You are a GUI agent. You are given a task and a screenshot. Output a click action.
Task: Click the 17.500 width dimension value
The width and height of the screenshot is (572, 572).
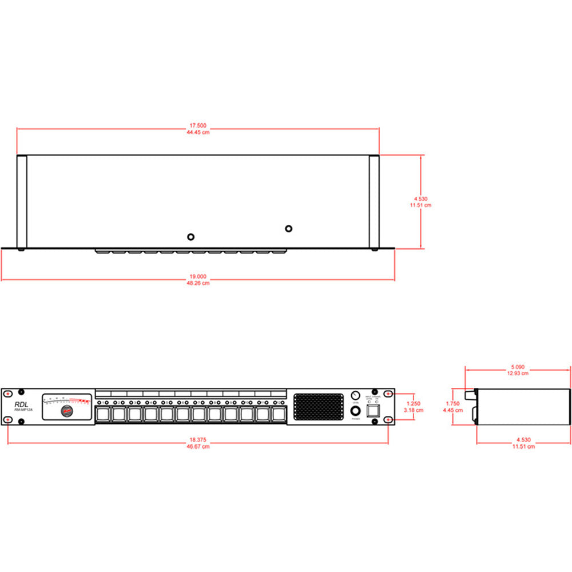198,125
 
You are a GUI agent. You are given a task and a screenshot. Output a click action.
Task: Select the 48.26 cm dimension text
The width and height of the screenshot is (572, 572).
198,283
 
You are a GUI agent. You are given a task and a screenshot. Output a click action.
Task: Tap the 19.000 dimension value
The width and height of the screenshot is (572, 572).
198,276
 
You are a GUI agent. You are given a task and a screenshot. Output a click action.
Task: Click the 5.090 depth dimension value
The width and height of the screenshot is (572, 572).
517,367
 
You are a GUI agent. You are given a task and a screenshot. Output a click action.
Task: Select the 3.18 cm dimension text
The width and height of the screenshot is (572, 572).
413,410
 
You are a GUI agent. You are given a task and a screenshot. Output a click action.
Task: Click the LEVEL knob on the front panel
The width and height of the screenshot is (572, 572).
355,396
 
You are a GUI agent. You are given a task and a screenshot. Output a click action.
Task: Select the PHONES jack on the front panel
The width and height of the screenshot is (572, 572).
355,412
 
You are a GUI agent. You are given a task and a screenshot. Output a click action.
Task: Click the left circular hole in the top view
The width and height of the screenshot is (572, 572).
191,236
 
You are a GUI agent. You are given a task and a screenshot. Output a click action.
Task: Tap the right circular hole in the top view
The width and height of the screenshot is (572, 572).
289,229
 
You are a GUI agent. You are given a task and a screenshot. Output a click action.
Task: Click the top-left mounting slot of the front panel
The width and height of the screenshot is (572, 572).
7,394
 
